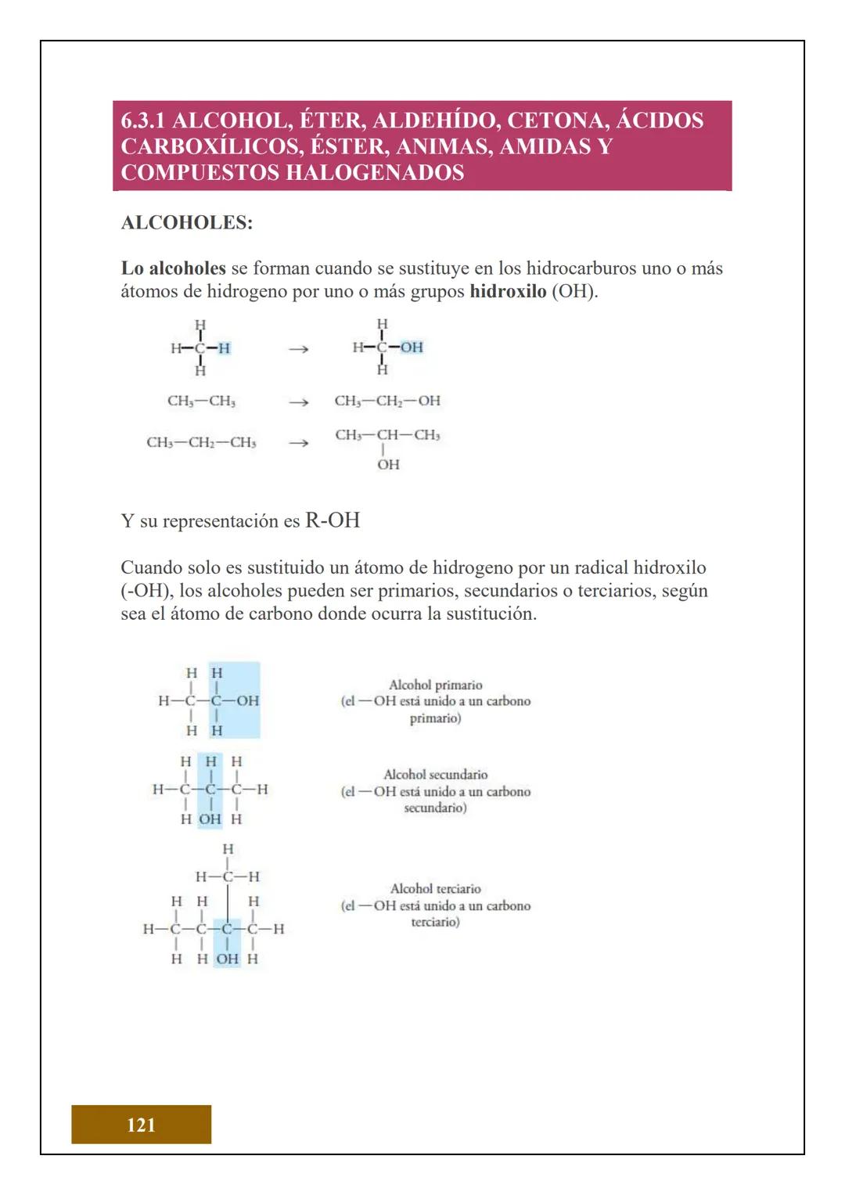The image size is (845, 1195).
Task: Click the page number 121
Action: (x=141, y=1125)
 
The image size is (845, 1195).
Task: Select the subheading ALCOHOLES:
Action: (x=187, y=222)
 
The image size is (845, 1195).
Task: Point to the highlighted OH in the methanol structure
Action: (x=412, y=347)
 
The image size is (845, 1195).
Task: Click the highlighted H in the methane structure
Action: (x=224, y=348)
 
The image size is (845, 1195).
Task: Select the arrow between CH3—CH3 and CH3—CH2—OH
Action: (x=297, y=401)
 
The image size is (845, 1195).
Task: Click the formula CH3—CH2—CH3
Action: (x=201, y=443)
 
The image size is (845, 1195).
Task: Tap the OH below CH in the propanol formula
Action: (x=388, y=465)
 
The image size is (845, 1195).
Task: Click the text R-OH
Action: (x=333, y=520)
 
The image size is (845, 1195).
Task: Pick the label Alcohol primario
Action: (x=435, y=685)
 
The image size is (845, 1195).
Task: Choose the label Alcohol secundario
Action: (x=435, y=775)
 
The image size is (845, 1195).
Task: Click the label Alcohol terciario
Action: (x=435, y=889)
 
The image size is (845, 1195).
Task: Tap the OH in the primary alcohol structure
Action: (x=247, y=701)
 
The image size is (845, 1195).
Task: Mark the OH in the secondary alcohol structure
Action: (x=210, y=819)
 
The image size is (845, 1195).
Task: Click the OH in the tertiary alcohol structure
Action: (x=227, y=959)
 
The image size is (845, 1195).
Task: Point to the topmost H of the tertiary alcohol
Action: (x=228, y=849)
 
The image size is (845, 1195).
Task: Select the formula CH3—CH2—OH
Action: (x=387, y=401)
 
